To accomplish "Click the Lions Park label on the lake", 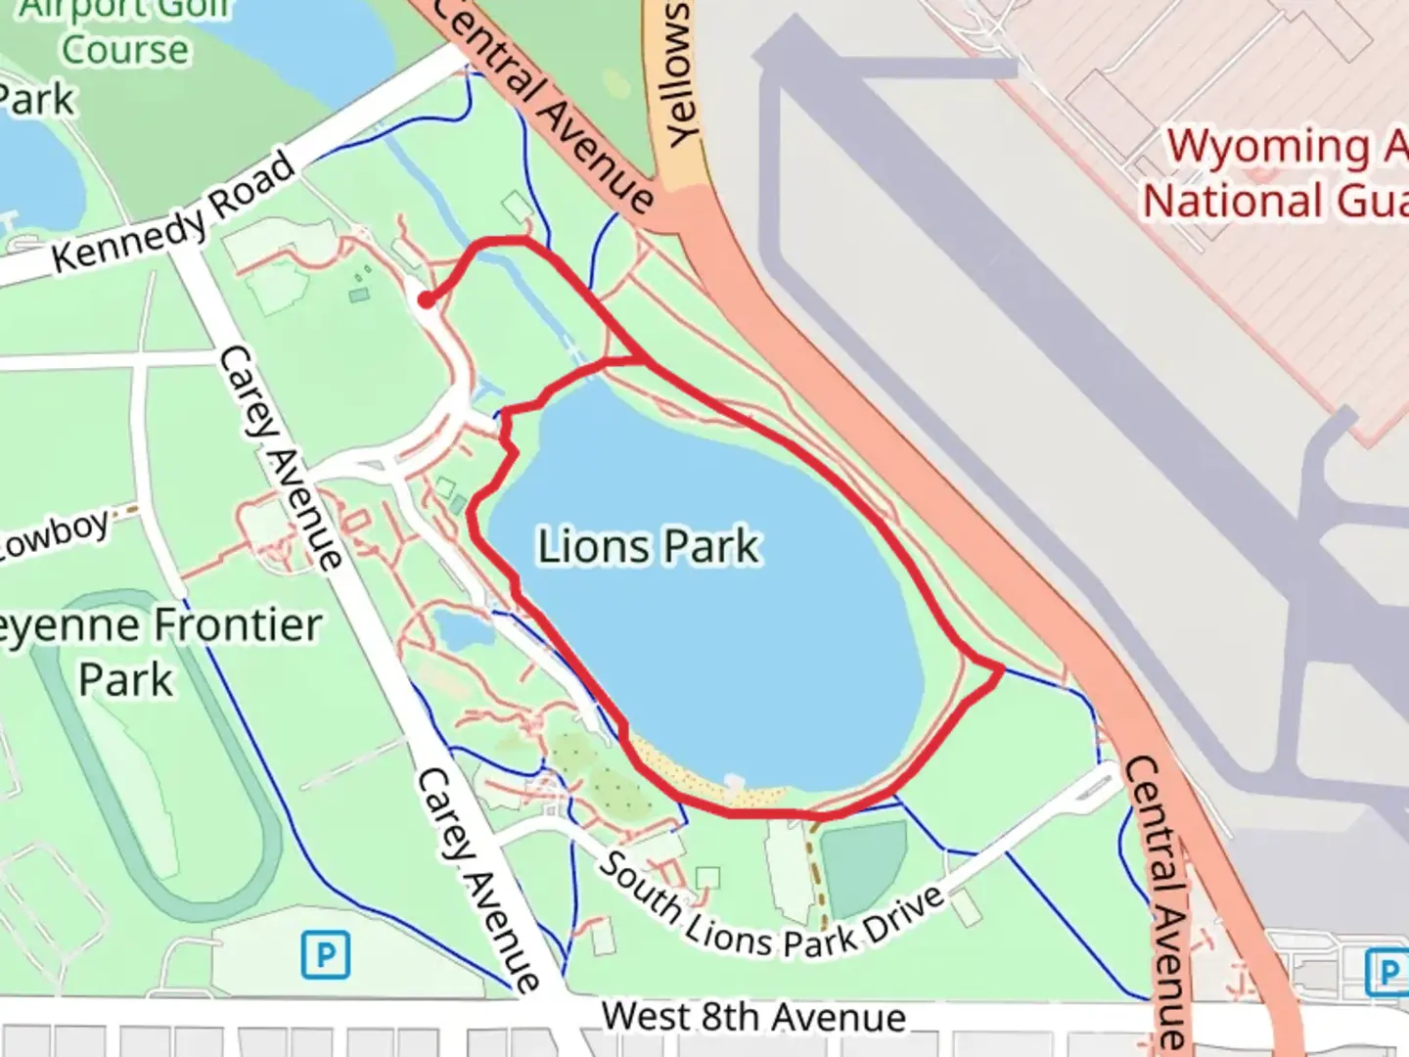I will pyautogui.click(x=649, y=546).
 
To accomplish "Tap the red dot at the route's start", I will pyautogui.click(x=426, y=299).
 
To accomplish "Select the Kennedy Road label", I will pyautogui.click(x=173, y=212).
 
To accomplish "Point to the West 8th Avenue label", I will pyautogui.click(x=753, y=1017).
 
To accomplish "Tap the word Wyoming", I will pyautogui.click(x=1268, y=147).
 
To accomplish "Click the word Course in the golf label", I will pyautogui.click(x=125, y=49).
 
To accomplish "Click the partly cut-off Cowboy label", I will pyautogui.click(x=54, y=534).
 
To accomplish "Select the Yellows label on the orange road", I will pyautogui.click(x=676, y=73).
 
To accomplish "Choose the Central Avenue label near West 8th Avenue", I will pyautogui.click(x=1155, y=900).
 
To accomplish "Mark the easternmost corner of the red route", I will pyautogui.click(x=1002, y=670).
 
